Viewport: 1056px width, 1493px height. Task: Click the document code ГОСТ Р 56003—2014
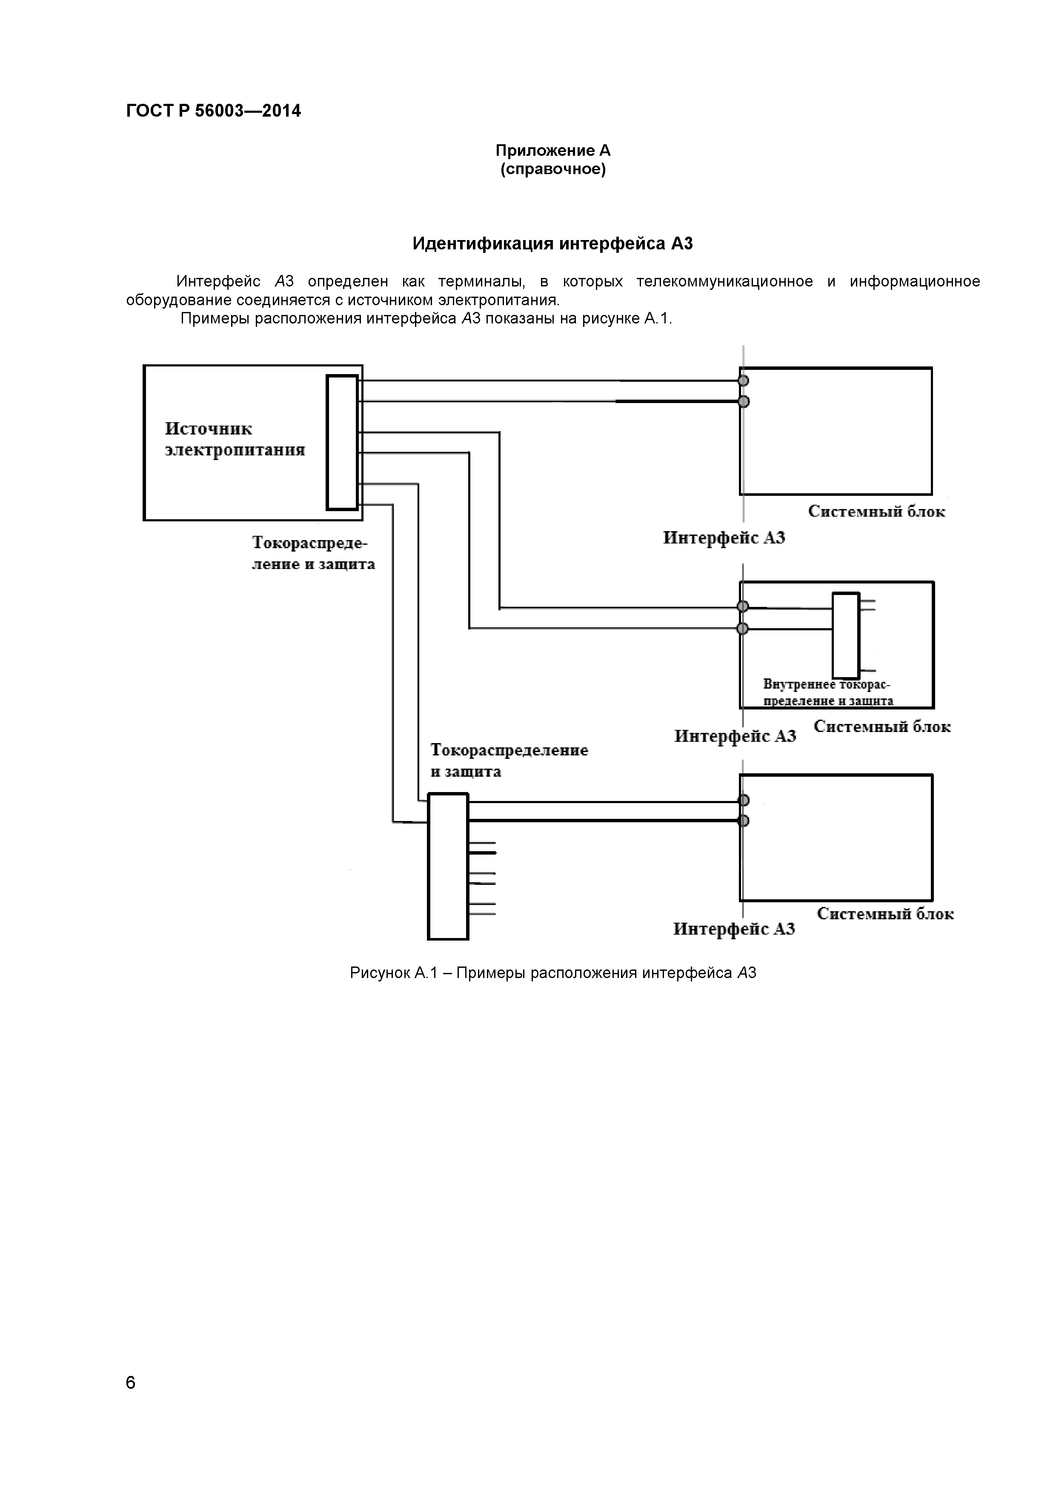point(213,111)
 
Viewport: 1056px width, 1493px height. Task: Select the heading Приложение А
point(553,151)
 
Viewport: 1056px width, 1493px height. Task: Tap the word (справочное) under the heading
point(553,170)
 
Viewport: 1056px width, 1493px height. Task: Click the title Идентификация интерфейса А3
point(553,244)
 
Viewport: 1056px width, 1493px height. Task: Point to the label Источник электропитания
point(235,440)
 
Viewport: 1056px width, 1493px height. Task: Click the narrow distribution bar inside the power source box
point(342,442)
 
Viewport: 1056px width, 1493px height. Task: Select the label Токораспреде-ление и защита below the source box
point(313,553)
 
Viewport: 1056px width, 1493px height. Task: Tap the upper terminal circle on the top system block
point(743,380)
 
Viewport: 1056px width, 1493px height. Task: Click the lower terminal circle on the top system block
point(743,402)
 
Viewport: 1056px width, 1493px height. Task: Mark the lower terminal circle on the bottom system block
point(743,821)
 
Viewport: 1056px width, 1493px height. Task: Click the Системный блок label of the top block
point(876,512)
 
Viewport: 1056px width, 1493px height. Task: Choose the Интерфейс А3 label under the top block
point(724,538)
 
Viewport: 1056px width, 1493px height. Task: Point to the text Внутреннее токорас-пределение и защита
point(827,692)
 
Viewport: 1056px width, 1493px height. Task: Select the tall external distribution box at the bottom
point(448,866)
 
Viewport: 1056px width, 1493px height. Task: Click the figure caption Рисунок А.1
point(553,973)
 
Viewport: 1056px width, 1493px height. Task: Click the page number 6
point(131,1382)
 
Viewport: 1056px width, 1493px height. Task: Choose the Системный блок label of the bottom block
point(885,914)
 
